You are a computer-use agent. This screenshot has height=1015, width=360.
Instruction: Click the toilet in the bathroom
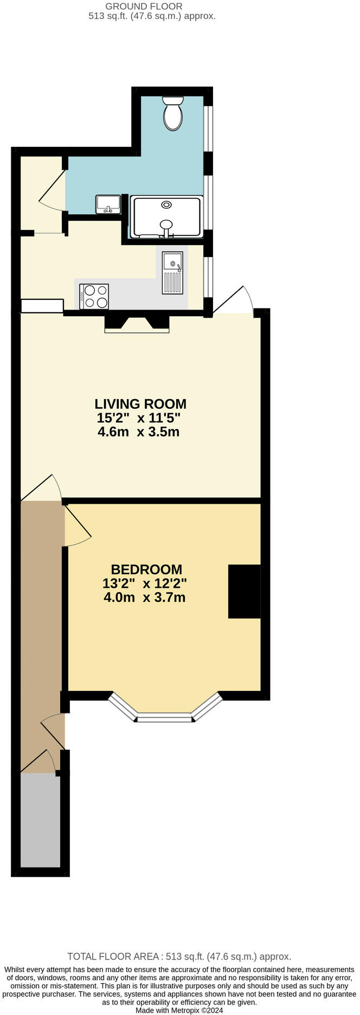pos(173,113)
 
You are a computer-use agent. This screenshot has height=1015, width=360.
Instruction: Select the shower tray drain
pos(166,204)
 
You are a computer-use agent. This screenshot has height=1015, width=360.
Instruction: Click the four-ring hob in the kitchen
pos(94,297)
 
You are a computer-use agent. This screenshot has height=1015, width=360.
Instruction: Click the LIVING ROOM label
pos(140,404)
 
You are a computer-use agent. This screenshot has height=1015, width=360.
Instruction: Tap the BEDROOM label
pos(146,569)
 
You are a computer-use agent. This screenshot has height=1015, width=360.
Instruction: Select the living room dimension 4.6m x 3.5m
pos(138,432)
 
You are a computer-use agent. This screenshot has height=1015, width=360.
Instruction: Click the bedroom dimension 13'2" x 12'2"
pos(144,583)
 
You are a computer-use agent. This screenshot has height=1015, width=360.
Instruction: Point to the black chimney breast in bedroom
pos(244,591)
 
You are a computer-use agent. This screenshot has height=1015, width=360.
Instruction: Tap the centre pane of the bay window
pos(164,719)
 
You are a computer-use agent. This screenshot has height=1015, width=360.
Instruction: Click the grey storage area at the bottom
pos(40,820)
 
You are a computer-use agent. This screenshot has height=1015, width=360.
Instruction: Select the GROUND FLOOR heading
pos(144,6)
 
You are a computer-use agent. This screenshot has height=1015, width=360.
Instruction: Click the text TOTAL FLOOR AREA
pos(112,956)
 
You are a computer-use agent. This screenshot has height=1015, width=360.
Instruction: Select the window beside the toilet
pos(208,129)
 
